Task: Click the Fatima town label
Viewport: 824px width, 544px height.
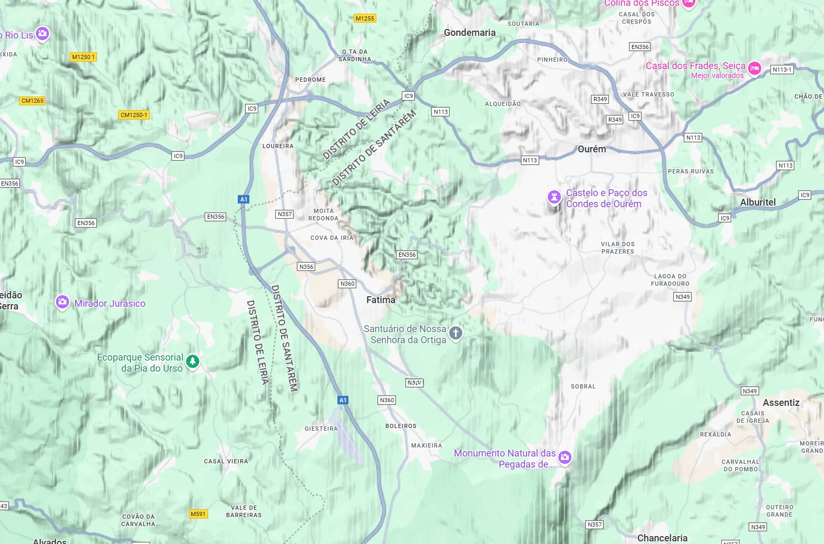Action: [x=381, y=300]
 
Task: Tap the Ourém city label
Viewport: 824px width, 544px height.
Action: [x=592, y=149]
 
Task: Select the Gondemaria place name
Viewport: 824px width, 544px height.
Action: [x=469, y=33]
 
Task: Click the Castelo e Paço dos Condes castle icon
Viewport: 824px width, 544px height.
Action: [x=554, y=198]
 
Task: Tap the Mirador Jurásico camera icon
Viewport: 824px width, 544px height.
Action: [x=62, y=303]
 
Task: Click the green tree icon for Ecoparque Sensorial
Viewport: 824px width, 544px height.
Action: [x=193, y=362]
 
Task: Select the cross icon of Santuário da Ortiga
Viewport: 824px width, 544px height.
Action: [x=455, y=333]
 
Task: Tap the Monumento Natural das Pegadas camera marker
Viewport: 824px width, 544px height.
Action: [x=565, y=457]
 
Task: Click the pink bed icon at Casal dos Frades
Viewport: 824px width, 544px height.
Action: [x=754, y=69]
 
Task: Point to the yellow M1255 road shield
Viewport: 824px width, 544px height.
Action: [x=365, y=18]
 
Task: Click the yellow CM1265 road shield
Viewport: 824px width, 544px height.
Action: [x=33, y=101]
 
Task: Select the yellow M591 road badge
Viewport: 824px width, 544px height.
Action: [x=198, y=514]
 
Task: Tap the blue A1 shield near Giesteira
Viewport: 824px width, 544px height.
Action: [x=343, y=400]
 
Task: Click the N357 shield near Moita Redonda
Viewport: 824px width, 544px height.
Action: [x=285, y=214]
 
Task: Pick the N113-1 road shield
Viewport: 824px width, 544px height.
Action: [x=782, y=70]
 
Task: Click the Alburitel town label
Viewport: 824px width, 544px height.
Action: [x=758, y=202]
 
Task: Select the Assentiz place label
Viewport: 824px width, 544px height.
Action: [x=781, y=403]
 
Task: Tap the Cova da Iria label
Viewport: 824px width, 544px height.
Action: [x=332, y=238]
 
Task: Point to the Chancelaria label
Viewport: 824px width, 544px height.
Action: [x=662, y=538]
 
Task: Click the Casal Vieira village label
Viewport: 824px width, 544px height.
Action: [x=226, y=461]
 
